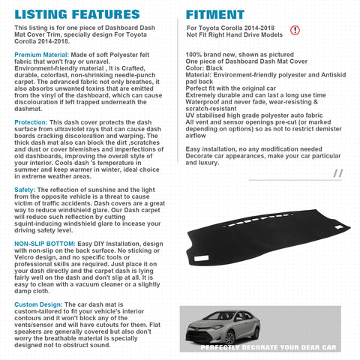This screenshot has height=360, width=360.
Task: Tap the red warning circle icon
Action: (293, 30)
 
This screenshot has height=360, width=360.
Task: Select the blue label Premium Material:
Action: (40, 55)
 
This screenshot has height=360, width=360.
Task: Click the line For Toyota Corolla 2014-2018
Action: (229, 28)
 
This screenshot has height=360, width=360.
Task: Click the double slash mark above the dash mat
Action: (337, 173)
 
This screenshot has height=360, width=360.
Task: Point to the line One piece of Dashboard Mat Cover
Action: (235, 61)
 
